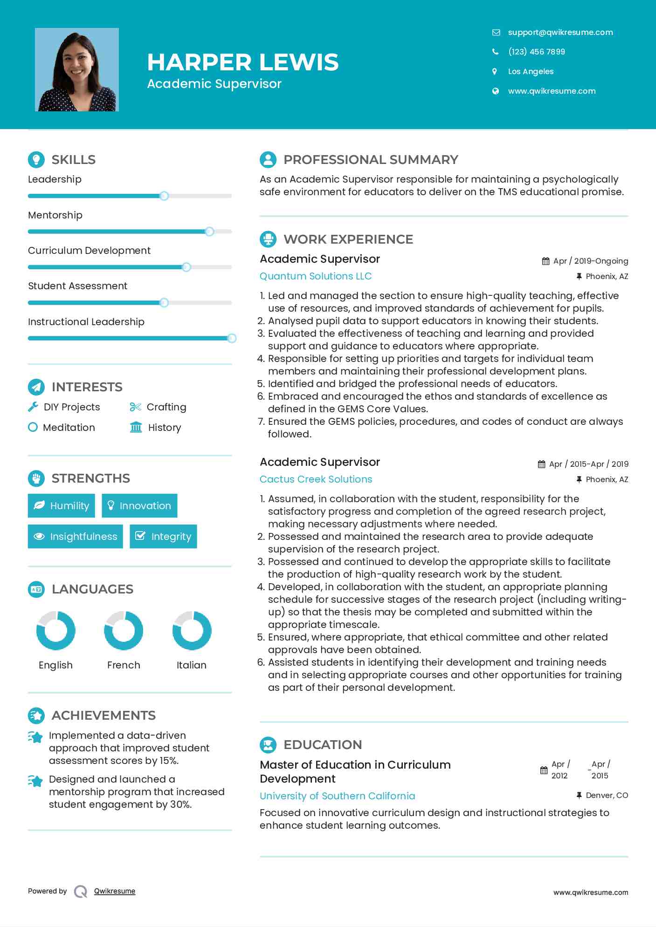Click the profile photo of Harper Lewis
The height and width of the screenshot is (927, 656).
coord(77,70)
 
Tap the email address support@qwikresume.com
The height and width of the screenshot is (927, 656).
coord(560,32)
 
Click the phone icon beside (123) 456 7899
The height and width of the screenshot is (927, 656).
coord(495,52)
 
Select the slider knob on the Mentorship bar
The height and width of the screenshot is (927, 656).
coord(209,232)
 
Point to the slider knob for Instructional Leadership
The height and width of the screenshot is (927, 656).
coord(231,338)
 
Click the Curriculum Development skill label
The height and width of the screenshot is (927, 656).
coord(89,251)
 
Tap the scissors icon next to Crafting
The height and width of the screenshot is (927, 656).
coord(135,407)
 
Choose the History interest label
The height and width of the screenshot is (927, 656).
coord(164,428)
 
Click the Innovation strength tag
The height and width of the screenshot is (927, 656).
coord(139,506)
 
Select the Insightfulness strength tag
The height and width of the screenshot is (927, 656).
coord(76,537)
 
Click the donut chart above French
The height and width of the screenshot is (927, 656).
coord(124,631)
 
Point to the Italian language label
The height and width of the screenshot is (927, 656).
coord(191,665)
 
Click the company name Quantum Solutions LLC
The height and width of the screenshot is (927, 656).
coord(316,276)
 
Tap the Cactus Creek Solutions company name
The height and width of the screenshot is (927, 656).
coord(316,479)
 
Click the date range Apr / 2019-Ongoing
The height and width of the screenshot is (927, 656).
coord(590,261)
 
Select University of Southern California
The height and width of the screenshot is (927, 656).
coord(337,796)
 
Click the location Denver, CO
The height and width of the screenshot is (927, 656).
coord(607,796)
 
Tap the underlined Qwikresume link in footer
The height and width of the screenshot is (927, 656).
coord(115,891)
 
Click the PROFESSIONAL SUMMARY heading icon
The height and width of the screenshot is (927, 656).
coord(268,160)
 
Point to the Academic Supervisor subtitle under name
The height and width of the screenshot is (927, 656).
coord(214,84)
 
